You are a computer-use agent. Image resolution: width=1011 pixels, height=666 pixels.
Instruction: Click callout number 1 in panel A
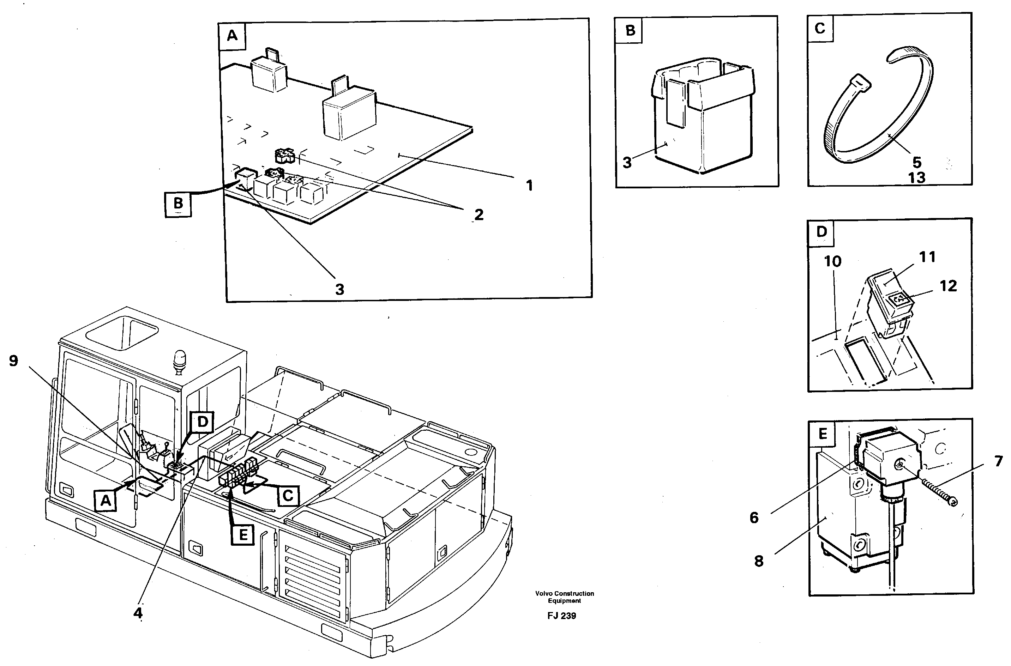click(529, 186)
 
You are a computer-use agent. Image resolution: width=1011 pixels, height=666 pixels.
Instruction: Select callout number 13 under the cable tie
click(917, 177)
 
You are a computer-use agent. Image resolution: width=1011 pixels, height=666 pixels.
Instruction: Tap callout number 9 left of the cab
click(14, 361)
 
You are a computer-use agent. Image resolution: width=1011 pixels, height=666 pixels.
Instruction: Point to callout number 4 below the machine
click(138, 613)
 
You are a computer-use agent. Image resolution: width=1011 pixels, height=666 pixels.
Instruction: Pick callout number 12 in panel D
click(948, 286)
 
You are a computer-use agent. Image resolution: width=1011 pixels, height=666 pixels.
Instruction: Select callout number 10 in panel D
click(832, 261)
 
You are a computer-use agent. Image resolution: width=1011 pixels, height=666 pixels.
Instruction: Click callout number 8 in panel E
click(759, 561)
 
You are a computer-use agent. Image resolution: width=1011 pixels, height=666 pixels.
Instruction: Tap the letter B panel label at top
click(630, 31)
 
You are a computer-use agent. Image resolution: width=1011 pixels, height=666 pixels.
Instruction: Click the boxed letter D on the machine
click(203, 422)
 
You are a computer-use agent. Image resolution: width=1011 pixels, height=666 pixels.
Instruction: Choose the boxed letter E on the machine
click(243, 535)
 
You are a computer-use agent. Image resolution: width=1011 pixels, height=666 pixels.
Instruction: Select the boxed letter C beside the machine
click(288, 496)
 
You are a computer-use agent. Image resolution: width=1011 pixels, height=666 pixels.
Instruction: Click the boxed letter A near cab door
click(106, 501)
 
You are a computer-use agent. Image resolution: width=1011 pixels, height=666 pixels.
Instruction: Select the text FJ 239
click(561, 616)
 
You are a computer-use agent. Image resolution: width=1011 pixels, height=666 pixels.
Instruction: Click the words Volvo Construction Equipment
click(564, 597)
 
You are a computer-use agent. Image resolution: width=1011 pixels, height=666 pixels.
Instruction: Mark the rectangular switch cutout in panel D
click(865, 362)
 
